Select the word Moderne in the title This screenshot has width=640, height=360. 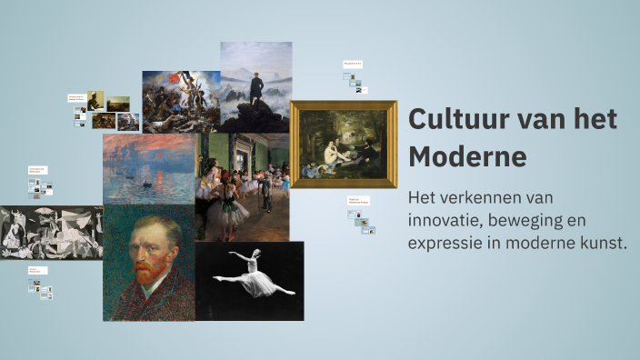click(x=467, y=155)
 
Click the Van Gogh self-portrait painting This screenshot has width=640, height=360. click(x=148, y=264)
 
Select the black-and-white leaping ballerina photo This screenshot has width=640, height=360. click(x=249, y=281)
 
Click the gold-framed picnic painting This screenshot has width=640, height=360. click(x=344, y=144)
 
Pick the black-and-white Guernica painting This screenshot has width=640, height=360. click(x=51, y=232)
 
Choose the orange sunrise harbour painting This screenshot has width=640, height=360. click(x=148, y=168)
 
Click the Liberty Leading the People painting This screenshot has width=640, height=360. click(x=180, y=102)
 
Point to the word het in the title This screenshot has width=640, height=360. click(x=595, y=119)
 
